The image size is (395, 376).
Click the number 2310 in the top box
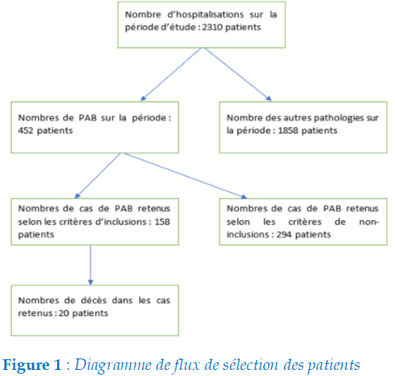point(212,27)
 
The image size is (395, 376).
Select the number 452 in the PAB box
point(25,130)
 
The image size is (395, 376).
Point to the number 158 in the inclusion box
point(163,221)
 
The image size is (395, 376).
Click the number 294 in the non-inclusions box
point(283,234)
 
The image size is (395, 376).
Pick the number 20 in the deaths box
point(64,313)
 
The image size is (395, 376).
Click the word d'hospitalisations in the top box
point(206,14)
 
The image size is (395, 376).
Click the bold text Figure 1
point(32,365)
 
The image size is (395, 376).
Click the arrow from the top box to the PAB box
point(171,74)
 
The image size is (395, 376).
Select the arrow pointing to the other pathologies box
point(238,74)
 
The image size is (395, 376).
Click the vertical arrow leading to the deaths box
point(90,265)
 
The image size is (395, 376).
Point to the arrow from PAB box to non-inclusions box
point(185,176)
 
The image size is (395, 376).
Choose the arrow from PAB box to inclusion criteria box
point(98,176)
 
